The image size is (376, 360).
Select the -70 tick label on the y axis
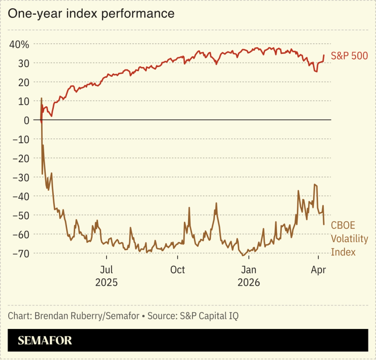pyautogui.click(x=19, y=253)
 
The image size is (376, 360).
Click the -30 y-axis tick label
pyautogui.click(x=19, y=177)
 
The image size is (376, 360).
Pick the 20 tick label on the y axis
pyautogui.click(x=22, y=82)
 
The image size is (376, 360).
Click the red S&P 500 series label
pyautogui.click(x=349, y=56)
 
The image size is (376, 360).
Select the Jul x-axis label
pyautogui.click(x=106, y=269)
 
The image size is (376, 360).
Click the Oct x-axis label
pyautogui.click(x=177, y=269)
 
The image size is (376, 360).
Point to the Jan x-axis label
pyautogui.click(x=248, y=269)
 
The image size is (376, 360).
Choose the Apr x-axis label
pyautogui.click(x=318, y=269)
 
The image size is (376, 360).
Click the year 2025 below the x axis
pyautogui.click(x=106, y=282)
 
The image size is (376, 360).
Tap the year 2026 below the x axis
pyautogui.click(x=248, y=282)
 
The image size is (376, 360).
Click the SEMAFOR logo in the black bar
pyautogui.click(x=45, y=341)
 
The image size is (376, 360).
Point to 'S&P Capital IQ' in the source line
pyautogui.click(x=209, y=316)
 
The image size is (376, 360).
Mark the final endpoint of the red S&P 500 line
pyautogui.click(x=324, y=55)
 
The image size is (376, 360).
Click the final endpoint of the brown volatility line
pyautogui.click(x=324, y=224)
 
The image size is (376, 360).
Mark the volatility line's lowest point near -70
pyautogui.click(x=243, y=255)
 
